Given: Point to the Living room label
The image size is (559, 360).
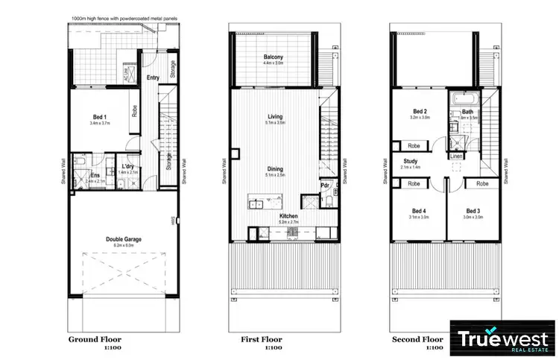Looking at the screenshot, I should tap(275, 116).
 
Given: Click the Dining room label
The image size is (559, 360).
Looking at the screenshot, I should tap(275, 169).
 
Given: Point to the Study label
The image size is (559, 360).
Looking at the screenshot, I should tap(411, 161).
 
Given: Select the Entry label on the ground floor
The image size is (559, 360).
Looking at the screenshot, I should tap(154, 77).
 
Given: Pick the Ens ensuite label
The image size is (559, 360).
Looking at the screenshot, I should tap(95, 175).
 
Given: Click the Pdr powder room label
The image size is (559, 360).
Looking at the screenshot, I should tap(325, 186).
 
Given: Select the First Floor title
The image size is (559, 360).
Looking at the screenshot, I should tap(261, 339).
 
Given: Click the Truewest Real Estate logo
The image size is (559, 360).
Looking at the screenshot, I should tap(502, 338).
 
